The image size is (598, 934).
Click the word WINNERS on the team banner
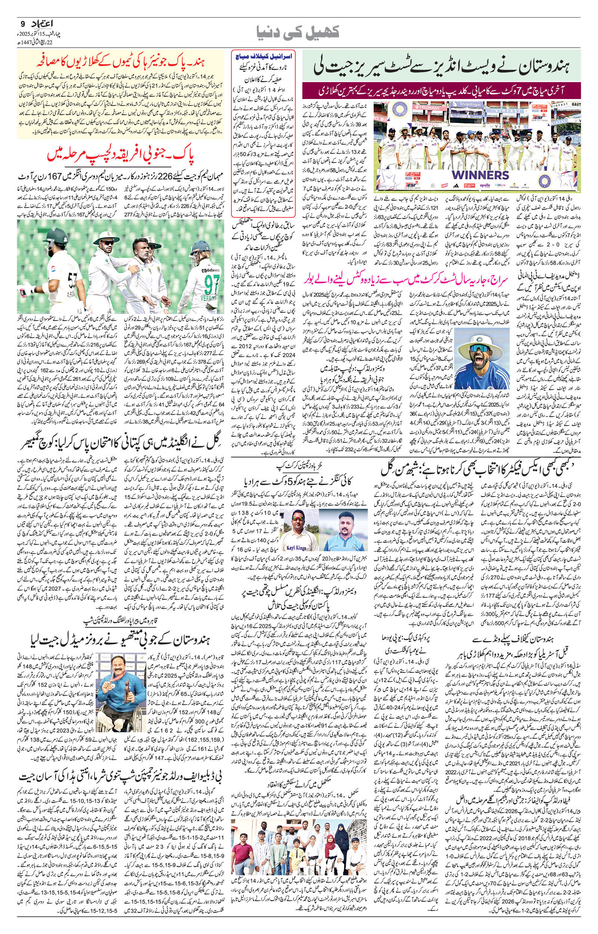[x=480, y=175]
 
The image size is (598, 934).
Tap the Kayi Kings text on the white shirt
[x=296, y=548]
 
